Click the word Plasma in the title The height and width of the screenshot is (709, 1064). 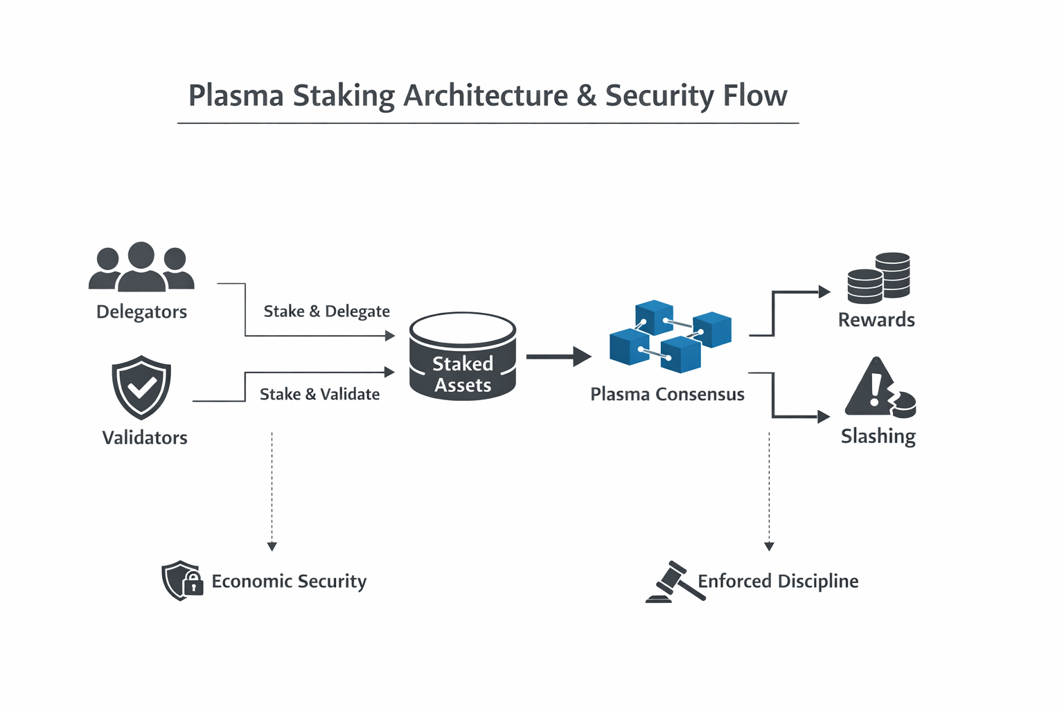(x=236, y=96)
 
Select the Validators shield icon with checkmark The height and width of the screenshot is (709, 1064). (x=141, y=387)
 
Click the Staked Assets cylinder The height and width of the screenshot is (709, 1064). (x=463, y=357)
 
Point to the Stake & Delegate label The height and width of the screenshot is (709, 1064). (x=326, y=312)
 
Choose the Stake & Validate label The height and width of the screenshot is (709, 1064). (x=319, y=394)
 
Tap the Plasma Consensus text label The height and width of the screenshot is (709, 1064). (x=667, y=394)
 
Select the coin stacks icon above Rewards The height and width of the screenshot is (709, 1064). (x=878, y=278)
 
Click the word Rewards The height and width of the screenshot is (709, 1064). (x=876, y=320)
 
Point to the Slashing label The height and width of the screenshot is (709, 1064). (x=878, y=436)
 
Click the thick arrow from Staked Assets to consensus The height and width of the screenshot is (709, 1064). (x=558, y=357)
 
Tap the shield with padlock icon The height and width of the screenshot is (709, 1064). (x=181, y=580)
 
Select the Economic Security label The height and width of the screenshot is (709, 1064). (x=289, y=581)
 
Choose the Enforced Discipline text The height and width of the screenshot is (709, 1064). (x=778, y=581)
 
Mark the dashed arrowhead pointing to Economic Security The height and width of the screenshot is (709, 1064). (x=272, y=546)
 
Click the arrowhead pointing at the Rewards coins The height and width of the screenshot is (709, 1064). (x=824, y=291)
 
